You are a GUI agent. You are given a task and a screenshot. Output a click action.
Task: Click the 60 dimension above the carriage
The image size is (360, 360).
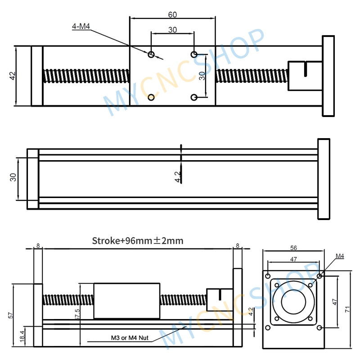(172, 15)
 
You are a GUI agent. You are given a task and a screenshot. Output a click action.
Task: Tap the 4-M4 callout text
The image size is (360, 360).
(81, 27)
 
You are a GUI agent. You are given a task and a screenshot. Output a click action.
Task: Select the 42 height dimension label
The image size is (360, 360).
(12, 76)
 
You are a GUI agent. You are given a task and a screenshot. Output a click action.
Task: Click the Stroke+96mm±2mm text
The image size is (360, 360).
(137, 241)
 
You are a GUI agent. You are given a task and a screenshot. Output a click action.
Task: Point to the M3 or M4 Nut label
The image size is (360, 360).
(130, 337)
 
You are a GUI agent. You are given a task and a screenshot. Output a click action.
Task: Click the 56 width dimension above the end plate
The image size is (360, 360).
(294, 248)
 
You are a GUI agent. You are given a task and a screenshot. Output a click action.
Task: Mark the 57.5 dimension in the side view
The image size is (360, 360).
(77, 314)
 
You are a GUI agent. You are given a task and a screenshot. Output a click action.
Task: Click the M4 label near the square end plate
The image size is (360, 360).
(340, 256)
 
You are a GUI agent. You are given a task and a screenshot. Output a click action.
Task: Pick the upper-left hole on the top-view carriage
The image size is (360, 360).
(151, 54)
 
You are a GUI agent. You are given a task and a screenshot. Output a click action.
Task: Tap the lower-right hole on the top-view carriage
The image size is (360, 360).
(194, 97)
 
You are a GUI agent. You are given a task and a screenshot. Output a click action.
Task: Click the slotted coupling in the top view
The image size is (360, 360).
(304, 75)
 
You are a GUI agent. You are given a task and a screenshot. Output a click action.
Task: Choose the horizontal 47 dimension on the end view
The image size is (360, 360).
(294, 259)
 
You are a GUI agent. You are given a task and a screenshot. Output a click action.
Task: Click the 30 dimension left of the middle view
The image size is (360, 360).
(13, 178)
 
